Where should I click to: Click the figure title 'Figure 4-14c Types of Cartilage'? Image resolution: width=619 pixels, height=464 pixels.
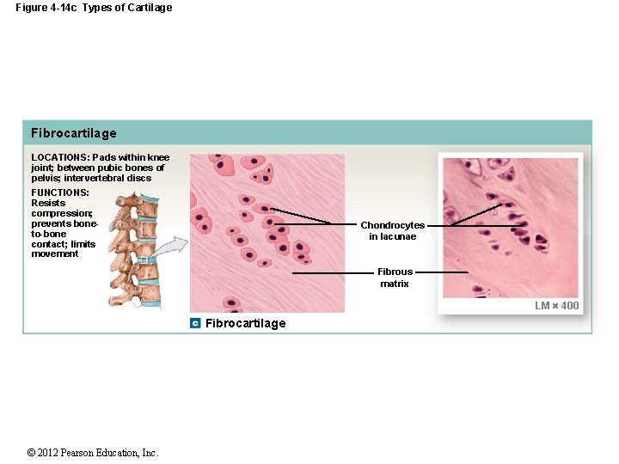pyautogui.click(x=94, y=8)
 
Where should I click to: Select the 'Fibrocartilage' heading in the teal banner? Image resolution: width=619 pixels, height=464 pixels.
pyautogui.click(x=74, y=133)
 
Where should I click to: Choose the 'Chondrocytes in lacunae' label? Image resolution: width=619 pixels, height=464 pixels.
pyautogui.click(x=392, y=230)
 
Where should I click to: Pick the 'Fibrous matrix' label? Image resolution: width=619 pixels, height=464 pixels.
pyautogui.click(x=395, y=278)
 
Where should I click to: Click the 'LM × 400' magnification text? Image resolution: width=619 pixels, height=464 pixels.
pyautogui.click(x=557, y=306)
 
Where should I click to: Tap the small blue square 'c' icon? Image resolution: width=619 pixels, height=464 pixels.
pyautogui.click(x=196, y=323)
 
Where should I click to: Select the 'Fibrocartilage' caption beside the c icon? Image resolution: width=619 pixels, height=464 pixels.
pyautogui.click(x=246, y=323)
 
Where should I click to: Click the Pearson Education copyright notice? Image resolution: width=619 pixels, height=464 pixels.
pyautogui.click(x=93, y=453)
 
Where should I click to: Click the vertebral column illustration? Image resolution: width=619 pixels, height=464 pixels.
pyautogui.click(x=133, y=249)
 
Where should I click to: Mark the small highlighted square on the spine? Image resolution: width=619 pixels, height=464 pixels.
pyautogui.click(x=144, y=259)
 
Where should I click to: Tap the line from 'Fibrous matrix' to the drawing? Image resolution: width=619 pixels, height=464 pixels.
pyautogui.click(x=334, y=272)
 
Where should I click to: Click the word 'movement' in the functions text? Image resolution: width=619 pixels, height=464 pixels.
pyautogui.click(x=55, y=254)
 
